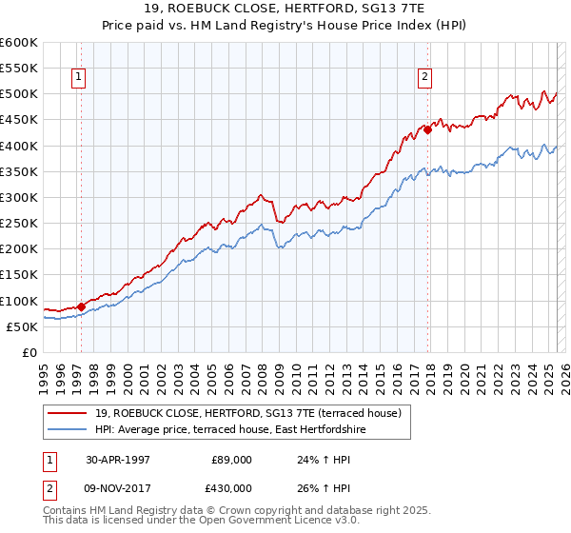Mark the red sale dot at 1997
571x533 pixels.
tap(81, 306)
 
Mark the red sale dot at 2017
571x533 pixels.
tap(427, 130)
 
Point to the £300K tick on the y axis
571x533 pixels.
tap(20, 197)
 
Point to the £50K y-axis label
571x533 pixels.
tap(23, 326)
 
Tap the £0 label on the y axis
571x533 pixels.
tap(30, 352)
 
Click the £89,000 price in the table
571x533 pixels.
tap(231, 459)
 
